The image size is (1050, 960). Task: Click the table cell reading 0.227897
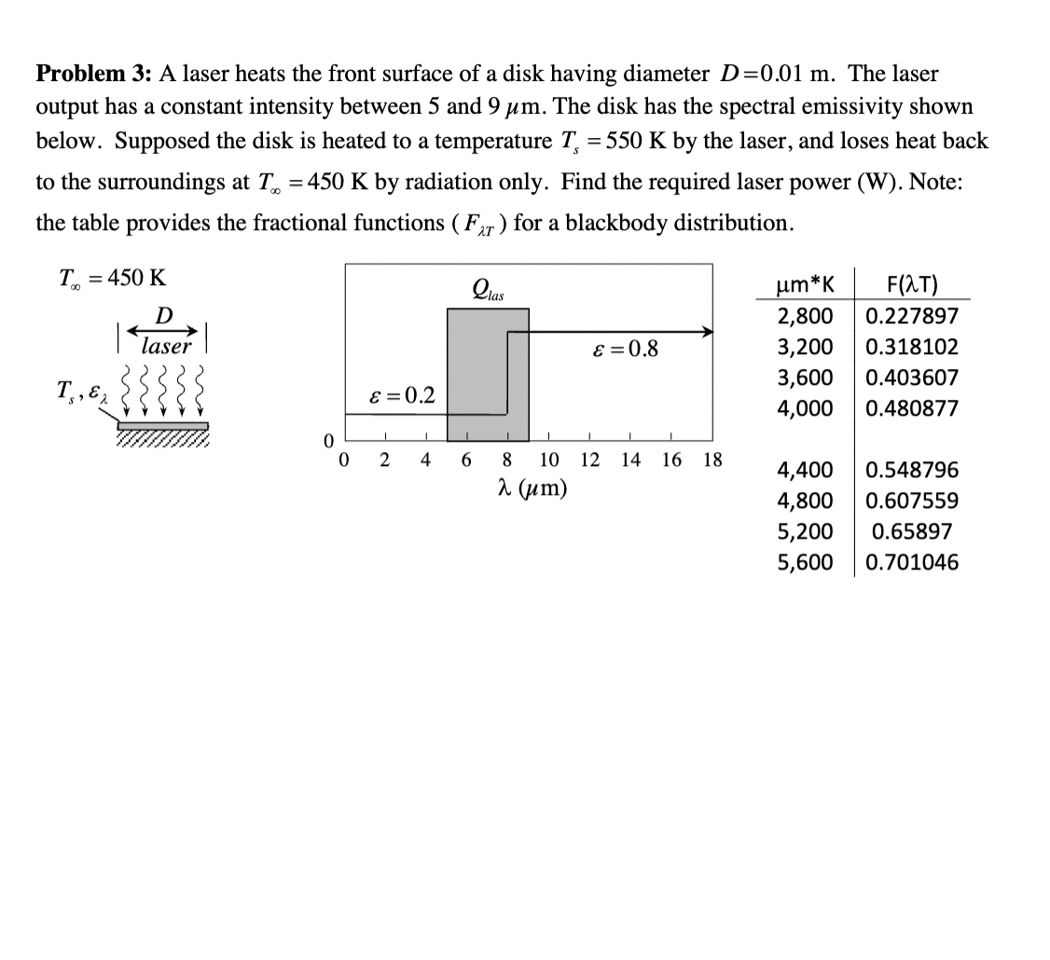pos(911,317)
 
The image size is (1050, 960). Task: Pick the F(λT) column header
pos(911,285)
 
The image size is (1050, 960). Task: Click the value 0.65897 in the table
pos(911,532)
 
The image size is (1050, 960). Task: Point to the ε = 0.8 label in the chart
pos(625,350)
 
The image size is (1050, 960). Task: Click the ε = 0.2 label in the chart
pos(400,395)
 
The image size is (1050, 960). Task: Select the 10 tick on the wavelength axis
pos(549,459)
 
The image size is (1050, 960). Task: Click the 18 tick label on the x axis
pos(712,459)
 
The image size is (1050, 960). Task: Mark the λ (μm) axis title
pos(534,487)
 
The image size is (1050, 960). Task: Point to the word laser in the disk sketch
pos(166,347)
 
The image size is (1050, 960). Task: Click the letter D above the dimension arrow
pos(163,314)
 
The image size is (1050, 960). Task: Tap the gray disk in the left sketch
pos(162,427)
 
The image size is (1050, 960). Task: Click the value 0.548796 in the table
pos(911,471)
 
